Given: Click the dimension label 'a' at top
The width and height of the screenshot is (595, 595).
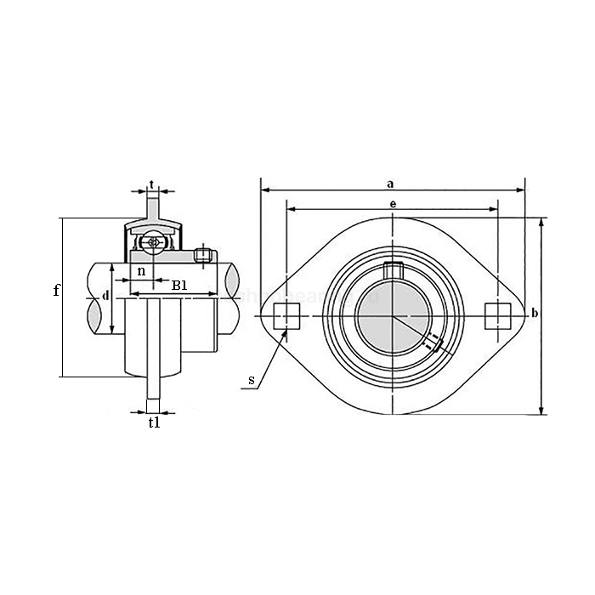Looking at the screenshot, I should tap(390, 182).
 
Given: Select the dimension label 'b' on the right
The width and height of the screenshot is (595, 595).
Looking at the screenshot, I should tap(534, 314).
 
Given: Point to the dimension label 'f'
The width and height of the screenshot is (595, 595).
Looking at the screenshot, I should tap(56, 291).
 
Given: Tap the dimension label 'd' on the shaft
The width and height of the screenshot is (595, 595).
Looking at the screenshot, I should tap(105, 295).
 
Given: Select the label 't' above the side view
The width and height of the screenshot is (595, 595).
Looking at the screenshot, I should tap(151, 184).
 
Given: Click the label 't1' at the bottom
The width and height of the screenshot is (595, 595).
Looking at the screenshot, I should tap(154, 422).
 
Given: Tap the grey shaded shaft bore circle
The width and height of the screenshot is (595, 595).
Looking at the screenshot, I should tap(392, 317).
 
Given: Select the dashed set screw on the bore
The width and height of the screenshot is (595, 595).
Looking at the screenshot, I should tap(433, 343).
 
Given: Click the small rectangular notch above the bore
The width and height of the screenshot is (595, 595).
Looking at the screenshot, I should tap(392, 270).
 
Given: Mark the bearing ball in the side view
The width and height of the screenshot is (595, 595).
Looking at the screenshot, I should tap(153, 242).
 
